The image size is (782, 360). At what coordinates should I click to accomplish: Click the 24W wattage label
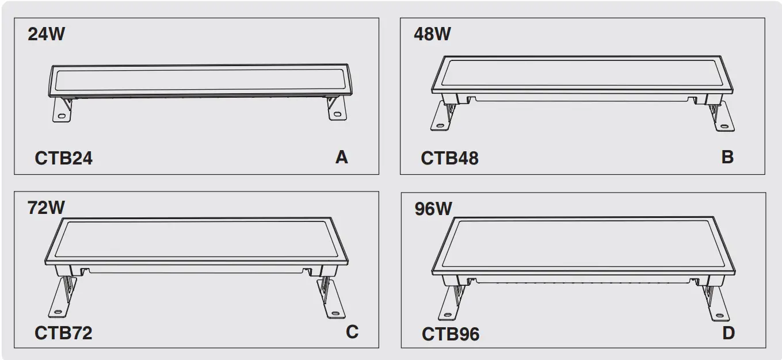47,34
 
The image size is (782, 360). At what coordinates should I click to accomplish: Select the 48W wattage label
432,34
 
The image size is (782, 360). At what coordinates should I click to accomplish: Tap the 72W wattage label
47,207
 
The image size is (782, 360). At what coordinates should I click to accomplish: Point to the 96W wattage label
433,209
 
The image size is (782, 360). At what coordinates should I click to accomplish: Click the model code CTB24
63,158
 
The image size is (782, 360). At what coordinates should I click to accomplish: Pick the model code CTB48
449,158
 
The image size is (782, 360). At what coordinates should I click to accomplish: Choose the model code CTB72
63,333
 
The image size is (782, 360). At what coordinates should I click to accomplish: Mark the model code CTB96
451,334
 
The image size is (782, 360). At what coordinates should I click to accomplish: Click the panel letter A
342,157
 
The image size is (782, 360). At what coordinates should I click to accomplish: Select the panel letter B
727,157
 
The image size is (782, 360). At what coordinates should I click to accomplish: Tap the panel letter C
352,332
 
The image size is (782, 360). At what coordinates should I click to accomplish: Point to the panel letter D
728,333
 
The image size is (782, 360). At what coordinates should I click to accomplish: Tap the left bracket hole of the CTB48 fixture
440,125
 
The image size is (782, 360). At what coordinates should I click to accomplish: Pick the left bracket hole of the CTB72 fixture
58,311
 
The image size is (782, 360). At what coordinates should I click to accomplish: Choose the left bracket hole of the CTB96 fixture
446,315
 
